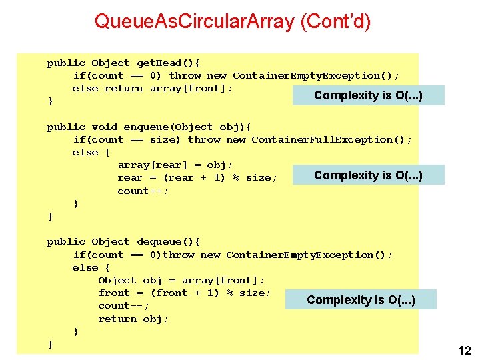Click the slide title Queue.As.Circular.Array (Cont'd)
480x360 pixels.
pos(233,22)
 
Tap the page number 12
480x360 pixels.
pos(464,350)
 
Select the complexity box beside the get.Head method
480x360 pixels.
pos(369,95)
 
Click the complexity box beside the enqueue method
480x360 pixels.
pos(369,175)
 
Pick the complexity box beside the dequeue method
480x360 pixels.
pos(361,300)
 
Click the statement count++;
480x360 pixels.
pos(143,191)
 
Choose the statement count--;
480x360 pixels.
pos(123,306)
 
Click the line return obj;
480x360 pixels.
pos(133,319)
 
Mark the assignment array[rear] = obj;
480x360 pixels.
pos(175,165)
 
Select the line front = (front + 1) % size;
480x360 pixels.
pos(184,293)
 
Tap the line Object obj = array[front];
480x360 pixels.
pos(181,281)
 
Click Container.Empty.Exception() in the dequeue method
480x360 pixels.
pos(309,255)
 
